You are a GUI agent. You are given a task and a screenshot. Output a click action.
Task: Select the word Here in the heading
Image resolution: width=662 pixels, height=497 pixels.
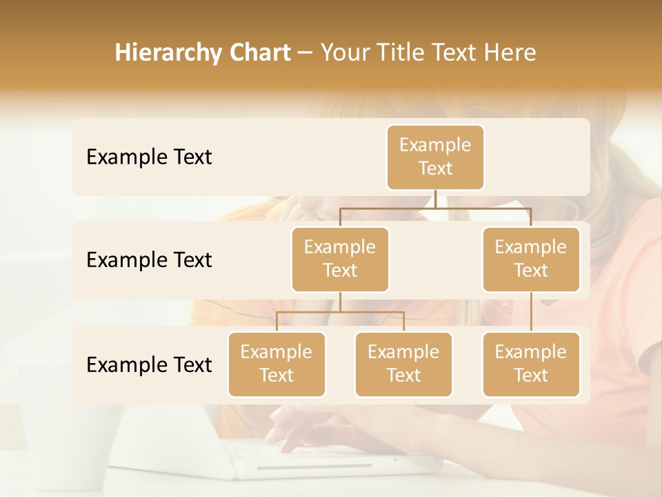[x=510, y=52]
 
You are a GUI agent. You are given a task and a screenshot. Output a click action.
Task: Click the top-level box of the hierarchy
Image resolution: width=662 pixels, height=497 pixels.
[x=435, y=157]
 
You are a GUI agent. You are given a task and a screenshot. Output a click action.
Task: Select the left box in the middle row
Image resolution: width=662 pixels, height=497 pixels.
[x=340, y=260]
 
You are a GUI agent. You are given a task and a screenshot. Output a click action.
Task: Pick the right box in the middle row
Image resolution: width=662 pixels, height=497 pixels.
[x=530, y=260]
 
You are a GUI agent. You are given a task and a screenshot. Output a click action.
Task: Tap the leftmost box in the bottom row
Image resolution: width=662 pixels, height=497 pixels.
[x=277, y=364]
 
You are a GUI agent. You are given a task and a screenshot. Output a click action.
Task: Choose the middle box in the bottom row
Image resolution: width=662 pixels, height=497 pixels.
[x=403, y=364]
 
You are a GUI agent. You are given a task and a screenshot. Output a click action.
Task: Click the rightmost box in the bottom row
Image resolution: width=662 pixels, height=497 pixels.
[x=530, y=364]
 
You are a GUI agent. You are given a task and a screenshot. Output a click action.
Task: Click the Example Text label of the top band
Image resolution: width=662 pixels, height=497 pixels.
[x=149, y=157]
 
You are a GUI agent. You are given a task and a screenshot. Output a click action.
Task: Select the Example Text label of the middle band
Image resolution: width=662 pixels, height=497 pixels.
[x=149, y=260]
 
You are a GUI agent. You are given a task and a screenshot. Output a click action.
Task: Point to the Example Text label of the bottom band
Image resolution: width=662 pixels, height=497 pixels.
[x=149, y=364]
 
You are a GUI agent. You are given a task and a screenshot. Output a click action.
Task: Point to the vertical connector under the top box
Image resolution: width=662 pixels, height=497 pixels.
[x=435, y=199]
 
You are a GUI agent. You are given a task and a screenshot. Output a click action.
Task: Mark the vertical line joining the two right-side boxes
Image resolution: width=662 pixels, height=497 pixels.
[x=530, y=312]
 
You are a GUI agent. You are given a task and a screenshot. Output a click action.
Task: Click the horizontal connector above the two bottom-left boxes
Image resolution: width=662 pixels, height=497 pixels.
[x=340, y=313]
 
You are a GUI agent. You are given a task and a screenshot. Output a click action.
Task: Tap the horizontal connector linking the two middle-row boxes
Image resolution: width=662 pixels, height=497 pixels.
[x=435, y=208]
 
